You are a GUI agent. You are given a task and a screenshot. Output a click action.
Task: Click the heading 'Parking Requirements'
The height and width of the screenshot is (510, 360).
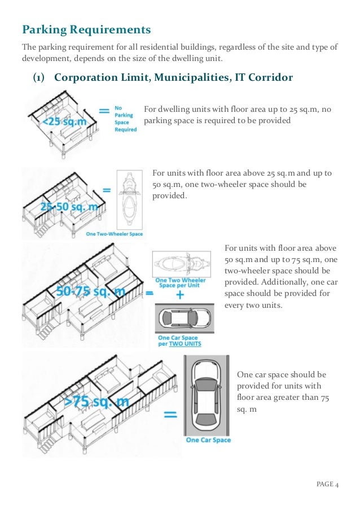[x=86, y=29]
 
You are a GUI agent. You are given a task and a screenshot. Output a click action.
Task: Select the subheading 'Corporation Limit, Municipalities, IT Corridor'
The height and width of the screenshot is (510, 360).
[x=173, y=77]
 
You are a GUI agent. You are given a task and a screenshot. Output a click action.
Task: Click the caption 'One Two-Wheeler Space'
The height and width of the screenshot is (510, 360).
[x=115, y=234]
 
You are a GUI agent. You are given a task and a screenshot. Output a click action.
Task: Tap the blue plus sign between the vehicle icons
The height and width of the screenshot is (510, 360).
[x=180, y=295]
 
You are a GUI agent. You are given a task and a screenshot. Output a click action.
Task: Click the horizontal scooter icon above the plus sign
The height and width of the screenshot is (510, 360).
[x=180, y=264]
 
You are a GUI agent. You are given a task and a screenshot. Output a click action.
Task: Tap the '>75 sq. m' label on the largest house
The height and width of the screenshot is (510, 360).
[x=96, y=402]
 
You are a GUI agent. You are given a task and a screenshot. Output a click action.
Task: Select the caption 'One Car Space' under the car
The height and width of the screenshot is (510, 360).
[x=208, y=440]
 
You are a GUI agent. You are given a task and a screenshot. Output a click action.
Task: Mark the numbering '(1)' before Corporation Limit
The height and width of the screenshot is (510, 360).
[x=39, y=77]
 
